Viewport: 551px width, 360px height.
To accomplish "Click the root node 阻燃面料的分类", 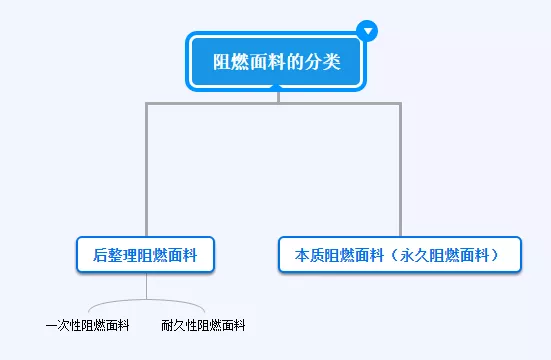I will click(277, 62).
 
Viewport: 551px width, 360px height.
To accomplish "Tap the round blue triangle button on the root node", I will click(368, 31).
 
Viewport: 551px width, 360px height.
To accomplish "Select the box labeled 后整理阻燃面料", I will click(146, 255).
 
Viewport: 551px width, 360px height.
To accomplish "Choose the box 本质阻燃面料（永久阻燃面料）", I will click(401, 255).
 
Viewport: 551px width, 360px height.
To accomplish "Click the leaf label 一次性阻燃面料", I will click(88, 325).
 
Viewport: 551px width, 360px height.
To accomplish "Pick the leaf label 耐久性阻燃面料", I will click(203, 325).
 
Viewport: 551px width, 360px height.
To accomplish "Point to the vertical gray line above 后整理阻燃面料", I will click(147, 170).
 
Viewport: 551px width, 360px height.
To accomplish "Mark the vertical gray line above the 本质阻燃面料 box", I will click(401, 170).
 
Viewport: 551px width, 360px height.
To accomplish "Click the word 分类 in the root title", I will click(324, 62).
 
